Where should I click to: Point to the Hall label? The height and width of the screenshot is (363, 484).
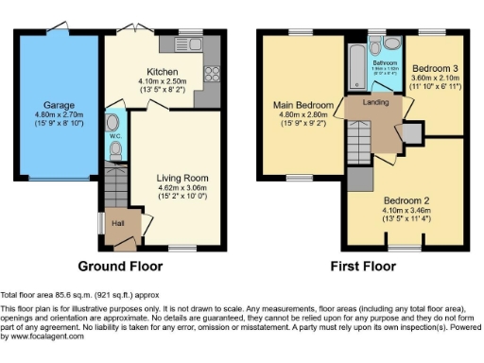pyautogui.click(x=119, y=222)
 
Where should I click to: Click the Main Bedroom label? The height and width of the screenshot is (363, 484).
pyautogui.click(x=302, y=104)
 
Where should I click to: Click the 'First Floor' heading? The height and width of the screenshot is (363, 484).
pyautogui.click(x=361, y=266)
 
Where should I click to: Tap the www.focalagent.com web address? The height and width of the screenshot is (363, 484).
pyautogui.click(x=43, y=336)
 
